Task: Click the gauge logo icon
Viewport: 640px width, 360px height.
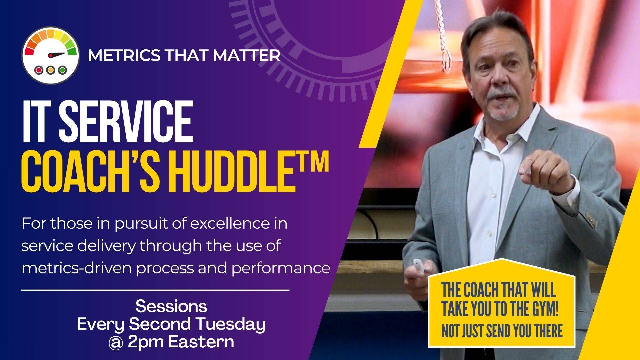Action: [x=51, y=55]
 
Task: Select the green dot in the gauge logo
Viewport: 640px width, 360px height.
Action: [x=62, y=70]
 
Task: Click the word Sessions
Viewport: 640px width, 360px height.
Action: [x=171, y=306]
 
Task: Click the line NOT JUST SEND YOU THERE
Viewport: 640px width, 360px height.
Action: [x=502, y=331]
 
